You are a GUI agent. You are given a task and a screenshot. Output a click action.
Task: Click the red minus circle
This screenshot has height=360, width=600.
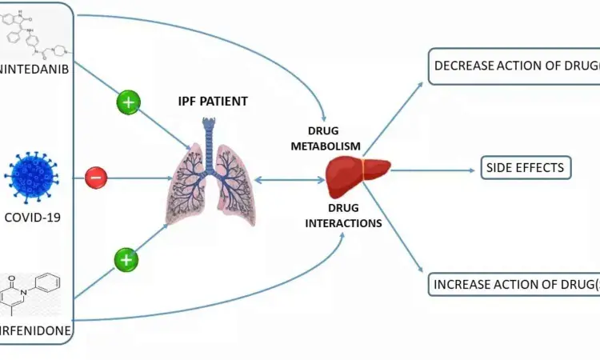[96, 176]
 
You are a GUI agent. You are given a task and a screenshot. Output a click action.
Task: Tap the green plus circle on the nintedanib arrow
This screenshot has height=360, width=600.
[128, 102]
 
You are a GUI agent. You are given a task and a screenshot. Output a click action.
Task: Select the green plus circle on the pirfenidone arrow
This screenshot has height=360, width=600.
[126, 260]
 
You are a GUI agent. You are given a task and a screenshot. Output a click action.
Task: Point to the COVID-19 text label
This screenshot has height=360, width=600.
[34, 216]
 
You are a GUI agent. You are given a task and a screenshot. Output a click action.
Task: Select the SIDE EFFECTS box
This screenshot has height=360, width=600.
[526, 168]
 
